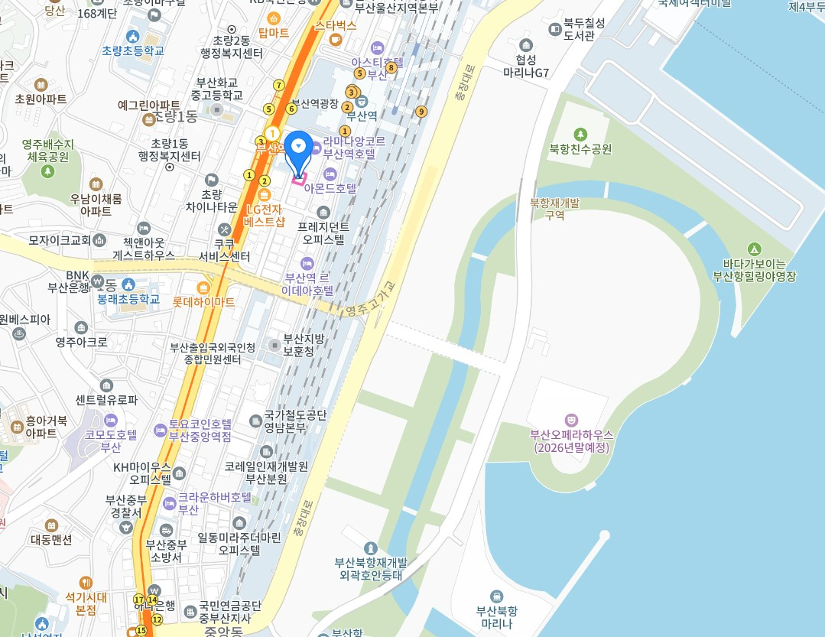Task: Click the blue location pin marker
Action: (x=298, y=148)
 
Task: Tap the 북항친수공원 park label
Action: (x=580, y=149)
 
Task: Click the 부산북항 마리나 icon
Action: (x=496, y=596)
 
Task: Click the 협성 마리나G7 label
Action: (x=526, y=66)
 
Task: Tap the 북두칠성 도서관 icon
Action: (x=556, y=29)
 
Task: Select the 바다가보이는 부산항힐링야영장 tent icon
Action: (x=754, y=249)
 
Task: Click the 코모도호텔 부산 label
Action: (x=112, y=440)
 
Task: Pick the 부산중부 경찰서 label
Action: (x=124, y=506)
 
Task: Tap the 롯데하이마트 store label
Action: (x=204, y=301)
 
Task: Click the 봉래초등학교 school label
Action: (x=128, y=299)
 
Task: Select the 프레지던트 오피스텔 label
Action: (x=323, y=232)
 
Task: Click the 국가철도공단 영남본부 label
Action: (x=294, y=421)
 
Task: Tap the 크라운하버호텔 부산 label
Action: (x=215, y=502)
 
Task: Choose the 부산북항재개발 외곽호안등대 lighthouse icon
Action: (x=371, y=548)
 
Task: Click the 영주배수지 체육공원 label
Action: (x=47, y=150)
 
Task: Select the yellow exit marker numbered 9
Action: (x=421, y=112)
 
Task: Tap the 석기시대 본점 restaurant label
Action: (x=86, y=603)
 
